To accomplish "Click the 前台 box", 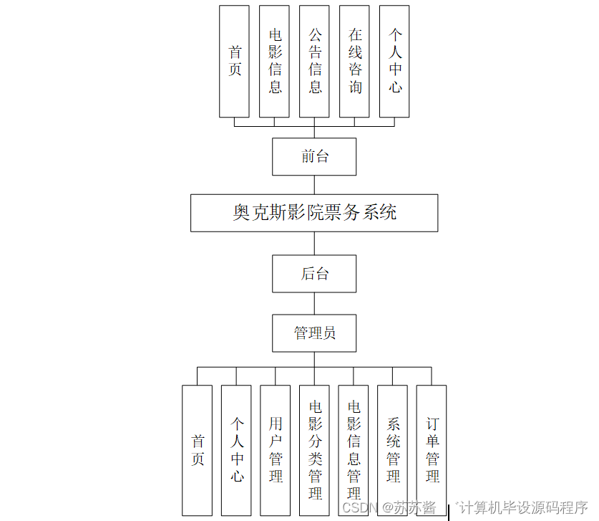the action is [314, 156].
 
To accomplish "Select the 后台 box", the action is [314, 274].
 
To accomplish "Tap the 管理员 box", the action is [314, 333].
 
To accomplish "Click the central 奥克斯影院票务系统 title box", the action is [314, 212].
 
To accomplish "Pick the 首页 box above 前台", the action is [235, 62].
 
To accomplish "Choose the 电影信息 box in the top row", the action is [275, 62].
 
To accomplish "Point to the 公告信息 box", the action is [314, 62].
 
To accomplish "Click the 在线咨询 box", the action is [354, 62].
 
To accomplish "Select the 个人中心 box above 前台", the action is [394, 62].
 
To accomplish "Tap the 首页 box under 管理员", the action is [198, 450].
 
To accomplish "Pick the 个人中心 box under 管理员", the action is [236, 450].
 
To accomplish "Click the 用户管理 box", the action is [276, 450].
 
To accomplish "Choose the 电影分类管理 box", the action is [314, 450].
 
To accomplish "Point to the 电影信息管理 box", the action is [354, 450].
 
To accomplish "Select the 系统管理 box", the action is [392, 450].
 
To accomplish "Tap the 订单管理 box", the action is [432, 450].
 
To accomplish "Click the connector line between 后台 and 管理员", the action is [314, 303].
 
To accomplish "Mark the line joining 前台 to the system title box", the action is [314, 184].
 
